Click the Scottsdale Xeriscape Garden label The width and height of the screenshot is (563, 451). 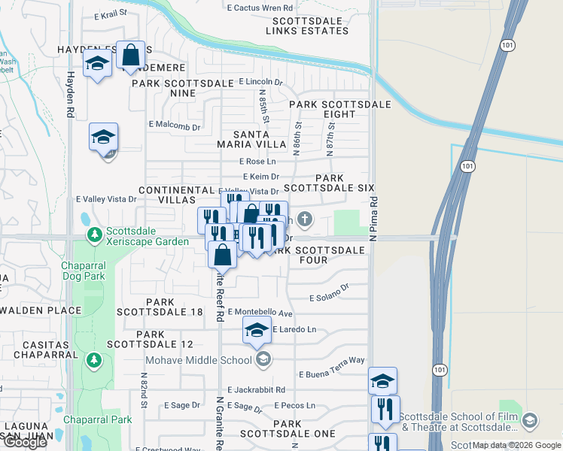point(147,236)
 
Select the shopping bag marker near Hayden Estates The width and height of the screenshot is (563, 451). point(131,55)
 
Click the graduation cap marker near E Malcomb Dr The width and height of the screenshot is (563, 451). point(103,138)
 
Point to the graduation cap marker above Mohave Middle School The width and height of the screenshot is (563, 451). point(257,330)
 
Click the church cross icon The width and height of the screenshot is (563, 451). point(304,220)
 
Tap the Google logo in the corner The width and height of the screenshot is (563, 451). point(25,442)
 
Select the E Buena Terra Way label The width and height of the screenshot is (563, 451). point(331,374)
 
